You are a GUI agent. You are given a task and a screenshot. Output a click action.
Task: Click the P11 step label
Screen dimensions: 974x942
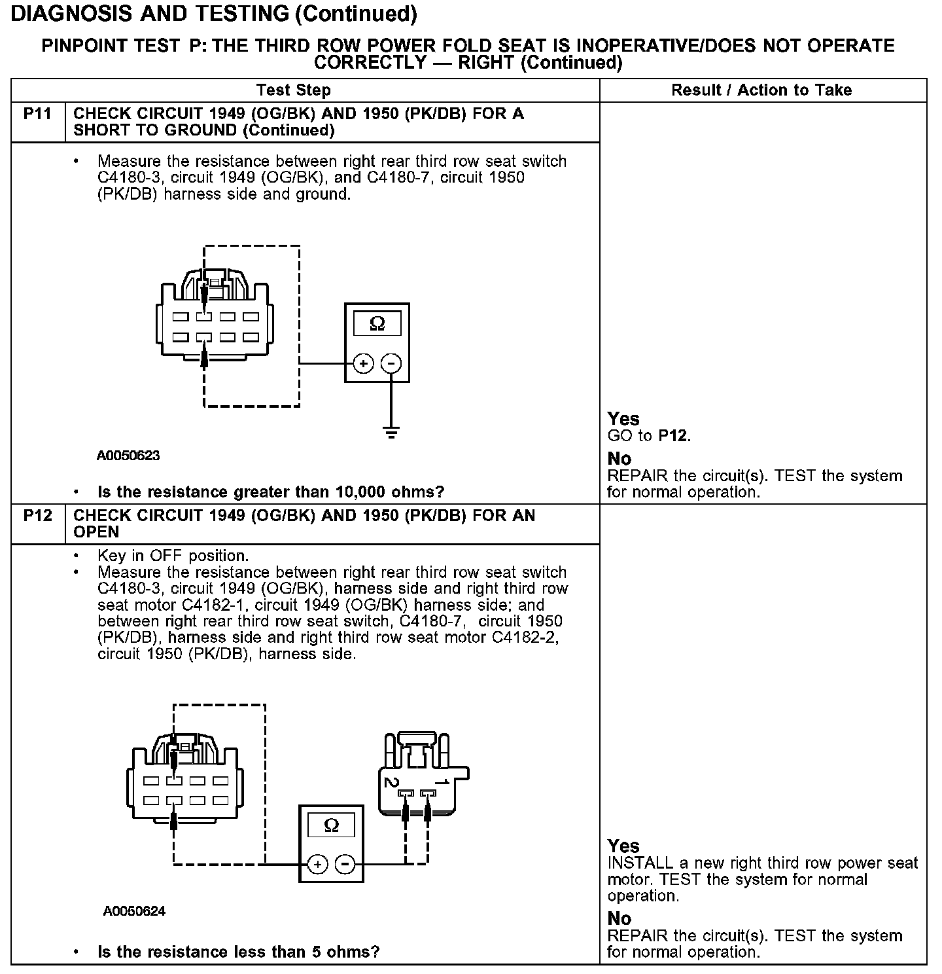(37, 114)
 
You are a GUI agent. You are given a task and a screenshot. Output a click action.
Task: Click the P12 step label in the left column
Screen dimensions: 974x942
(37, 516)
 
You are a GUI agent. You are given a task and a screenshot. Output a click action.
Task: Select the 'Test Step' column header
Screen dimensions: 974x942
(294, 90)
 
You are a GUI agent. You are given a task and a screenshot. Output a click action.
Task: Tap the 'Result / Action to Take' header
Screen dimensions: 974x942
(761, 90)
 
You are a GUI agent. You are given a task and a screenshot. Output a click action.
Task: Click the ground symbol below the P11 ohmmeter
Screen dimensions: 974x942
(391, 433)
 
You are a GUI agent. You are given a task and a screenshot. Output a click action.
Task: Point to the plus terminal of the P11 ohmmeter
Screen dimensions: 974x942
(364, 363)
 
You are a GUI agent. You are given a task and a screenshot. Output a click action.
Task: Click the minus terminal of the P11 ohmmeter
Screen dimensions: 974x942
(391, 363)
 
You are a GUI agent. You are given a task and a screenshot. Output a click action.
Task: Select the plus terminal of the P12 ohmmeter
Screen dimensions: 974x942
(317, 865)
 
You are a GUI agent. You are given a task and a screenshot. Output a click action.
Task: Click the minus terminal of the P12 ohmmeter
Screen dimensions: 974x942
(345, 865)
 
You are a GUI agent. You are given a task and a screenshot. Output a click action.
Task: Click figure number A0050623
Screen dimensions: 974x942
(128, 456)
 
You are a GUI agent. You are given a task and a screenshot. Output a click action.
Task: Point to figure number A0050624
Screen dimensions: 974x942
(134, 911)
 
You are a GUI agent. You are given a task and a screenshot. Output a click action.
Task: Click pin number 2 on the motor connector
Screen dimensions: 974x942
(391, 782)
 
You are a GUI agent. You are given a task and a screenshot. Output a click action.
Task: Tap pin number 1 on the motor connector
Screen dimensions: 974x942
(442, 782)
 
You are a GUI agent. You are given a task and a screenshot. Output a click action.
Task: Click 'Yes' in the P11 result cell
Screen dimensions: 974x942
(623, 419)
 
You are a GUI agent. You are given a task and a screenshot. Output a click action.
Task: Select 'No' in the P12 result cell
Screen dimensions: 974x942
(619, 918)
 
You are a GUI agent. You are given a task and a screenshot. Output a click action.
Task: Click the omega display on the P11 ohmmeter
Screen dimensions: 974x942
(377, 323)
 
